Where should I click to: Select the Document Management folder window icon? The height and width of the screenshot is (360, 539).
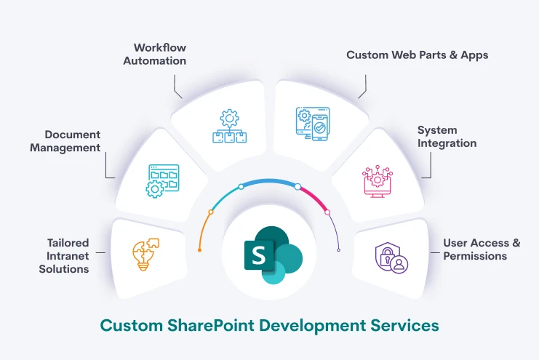coord(162,180)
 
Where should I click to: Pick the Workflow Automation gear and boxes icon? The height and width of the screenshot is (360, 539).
coord(228,127)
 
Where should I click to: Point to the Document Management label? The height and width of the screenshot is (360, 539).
coord(72,141)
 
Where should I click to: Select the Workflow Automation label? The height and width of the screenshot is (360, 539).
coord(154,54)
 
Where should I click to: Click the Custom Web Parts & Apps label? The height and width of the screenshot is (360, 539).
coord(417,55)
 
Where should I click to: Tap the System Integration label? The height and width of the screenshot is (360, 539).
coord(447,137)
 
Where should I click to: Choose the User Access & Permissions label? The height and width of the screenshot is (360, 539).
coord(482,249)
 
